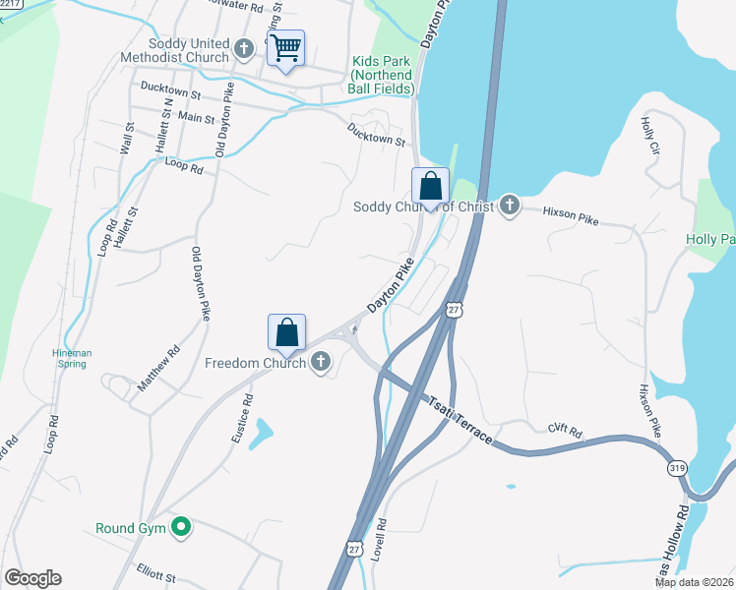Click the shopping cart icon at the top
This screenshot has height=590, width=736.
[x=285, y=46]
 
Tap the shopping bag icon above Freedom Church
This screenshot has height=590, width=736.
[x=286, y=331]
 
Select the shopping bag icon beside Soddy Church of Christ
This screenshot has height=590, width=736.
[x=430, y=185]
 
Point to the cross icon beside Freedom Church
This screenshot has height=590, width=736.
[x=320, y=364]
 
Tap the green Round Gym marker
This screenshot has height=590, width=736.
[x=180, y=528]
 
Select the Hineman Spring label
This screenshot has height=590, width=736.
[x=70, y=358]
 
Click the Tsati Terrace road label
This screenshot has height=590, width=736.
[x=459, y=419]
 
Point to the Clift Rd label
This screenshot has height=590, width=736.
[x=566, y=430]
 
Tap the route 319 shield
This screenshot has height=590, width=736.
[x=677, y=470]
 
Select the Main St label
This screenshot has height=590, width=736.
[x=196, y=117]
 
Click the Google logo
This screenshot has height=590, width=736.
[x=32, y=578]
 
